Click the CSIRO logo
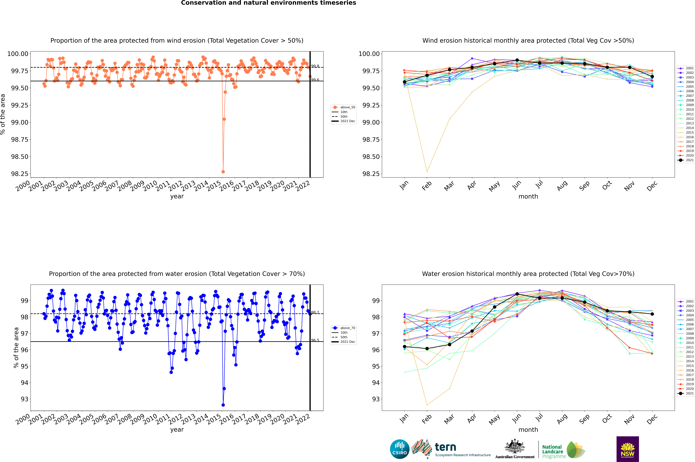click(x=399, y=449)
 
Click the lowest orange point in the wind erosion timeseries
click(x=223, y=171)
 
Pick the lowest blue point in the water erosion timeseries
click(x=223, y=405)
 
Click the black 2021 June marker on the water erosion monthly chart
click(x=517, y=294)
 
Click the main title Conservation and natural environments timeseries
click(x=268, y=3)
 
